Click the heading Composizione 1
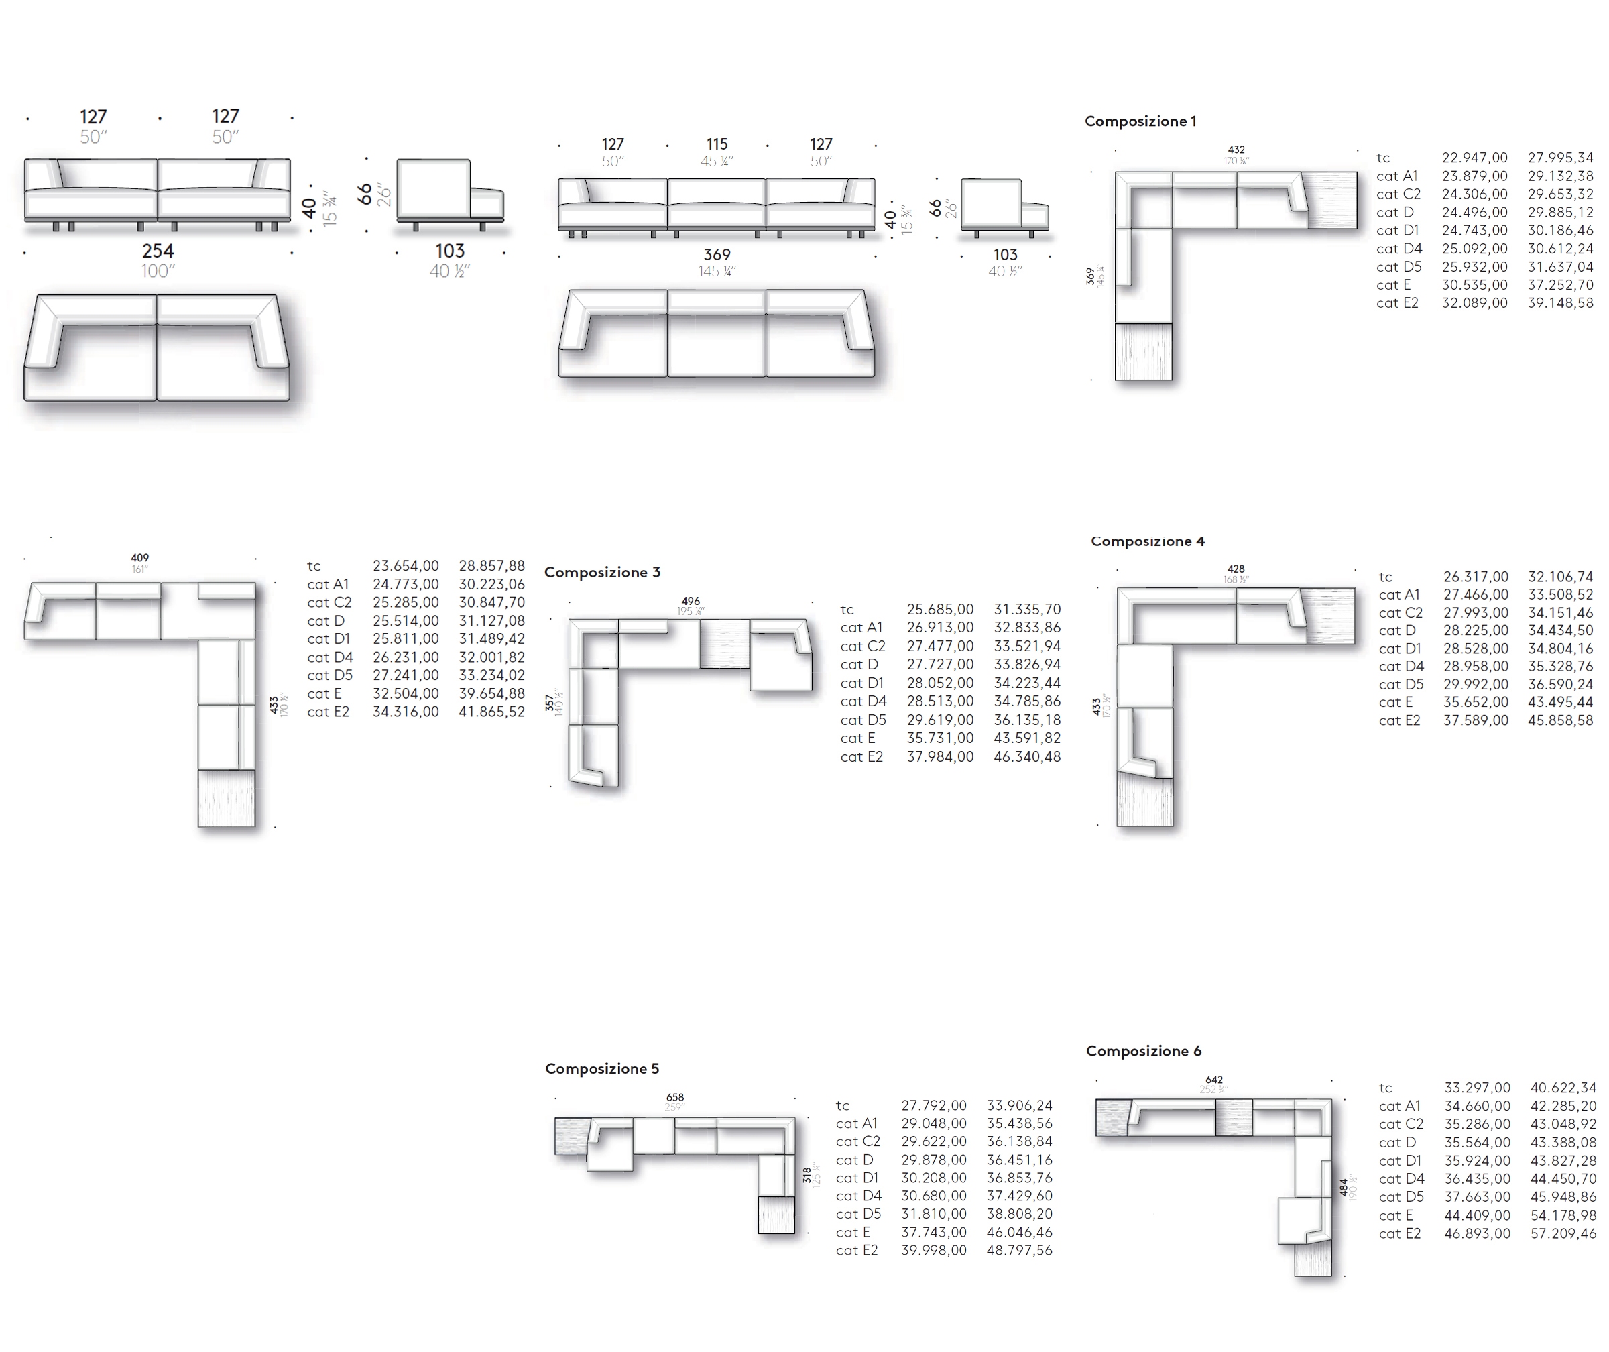coord(1140,121)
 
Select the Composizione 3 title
coord(602,573)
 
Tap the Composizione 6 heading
coord(1143,1051)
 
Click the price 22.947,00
coord(1474,158)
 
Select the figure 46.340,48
coord(1026,757)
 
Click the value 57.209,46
coord(1563,1234)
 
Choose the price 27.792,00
coord(933,1105)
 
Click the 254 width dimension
coord(158,251)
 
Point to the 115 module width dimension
coord(717,144)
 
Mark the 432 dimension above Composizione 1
coord(1236,150)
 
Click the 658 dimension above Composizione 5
coord(674,1098)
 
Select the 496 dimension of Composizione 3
coord(690,602)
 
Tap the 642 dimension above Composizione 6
coord(1213,1080)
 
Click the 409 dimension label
coord(139,558)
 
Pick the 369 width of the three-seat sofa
coord(717,254)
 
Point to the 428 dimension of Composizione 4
coord(1235,569)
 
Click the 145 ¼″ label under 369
coord(717,272)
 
